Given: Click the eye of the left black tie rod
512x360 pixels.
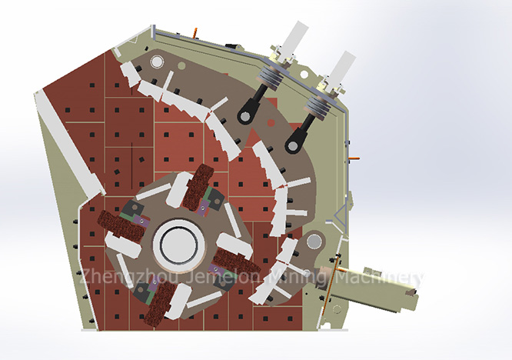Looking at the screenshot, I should click(x=246, y=116).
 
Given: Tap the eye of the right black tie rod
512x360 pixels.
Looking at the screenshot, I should click(x=292, y=144).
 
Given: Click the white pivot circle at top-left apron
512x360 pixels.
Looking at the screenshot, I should click(x=158, y=62).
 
